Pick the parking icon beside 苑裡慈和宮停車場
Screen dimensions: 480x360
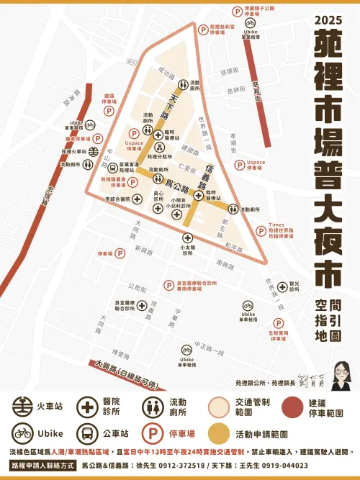tap(203, 30)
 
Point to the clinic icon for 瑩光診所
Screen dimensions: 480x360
tap(282, 284)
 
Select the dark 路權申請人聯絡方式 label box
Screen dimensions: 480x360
tap(41, 466)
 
